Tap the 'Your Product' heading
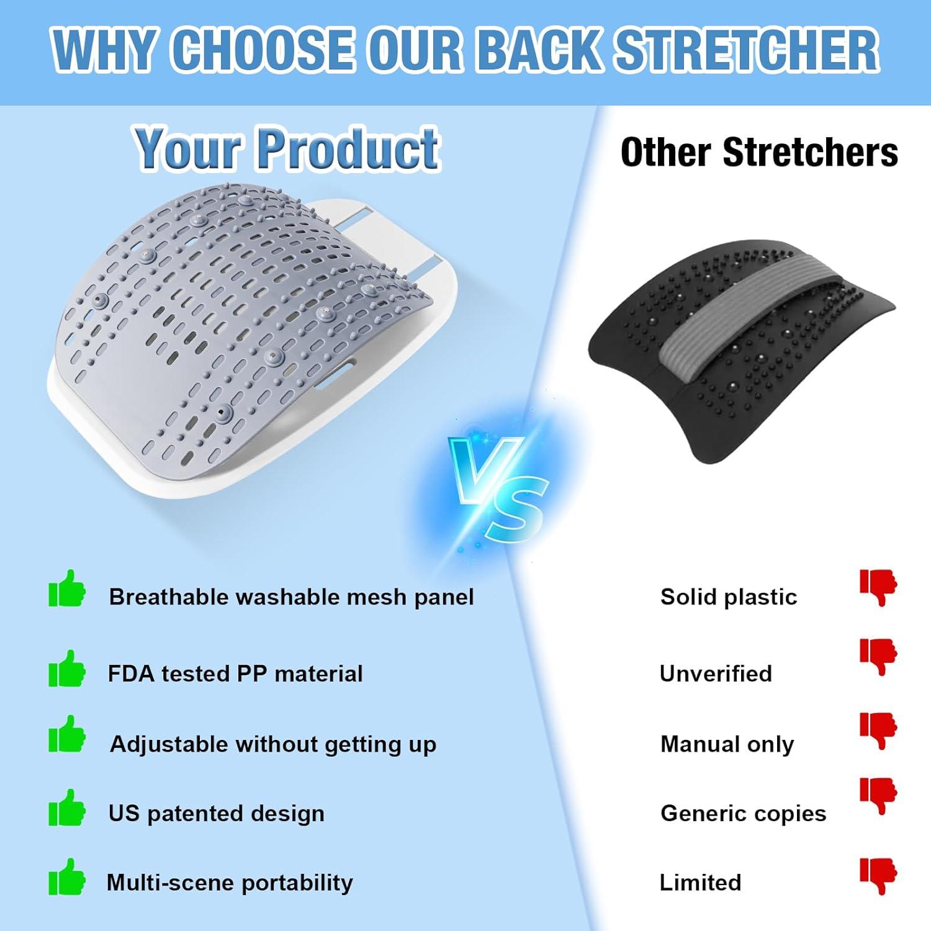(x=287, y=148)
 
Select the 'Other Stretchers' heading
(x=759, y=152)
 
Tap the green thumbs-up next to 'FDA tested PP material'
(x=67, y=668)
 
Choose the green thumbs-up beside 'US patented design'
(x=67, y=807)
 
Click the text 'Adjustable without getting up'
(x=273, y=744)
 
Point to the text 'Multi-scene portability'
(x=230, y=882)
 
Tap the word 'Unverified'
(x=716, y=673)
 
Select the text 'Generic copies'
(x=744, y=813)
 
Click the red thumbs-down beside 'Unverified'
(x=878, y=657)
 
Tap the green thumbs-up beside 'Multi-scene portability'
(x=67, y=876)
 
